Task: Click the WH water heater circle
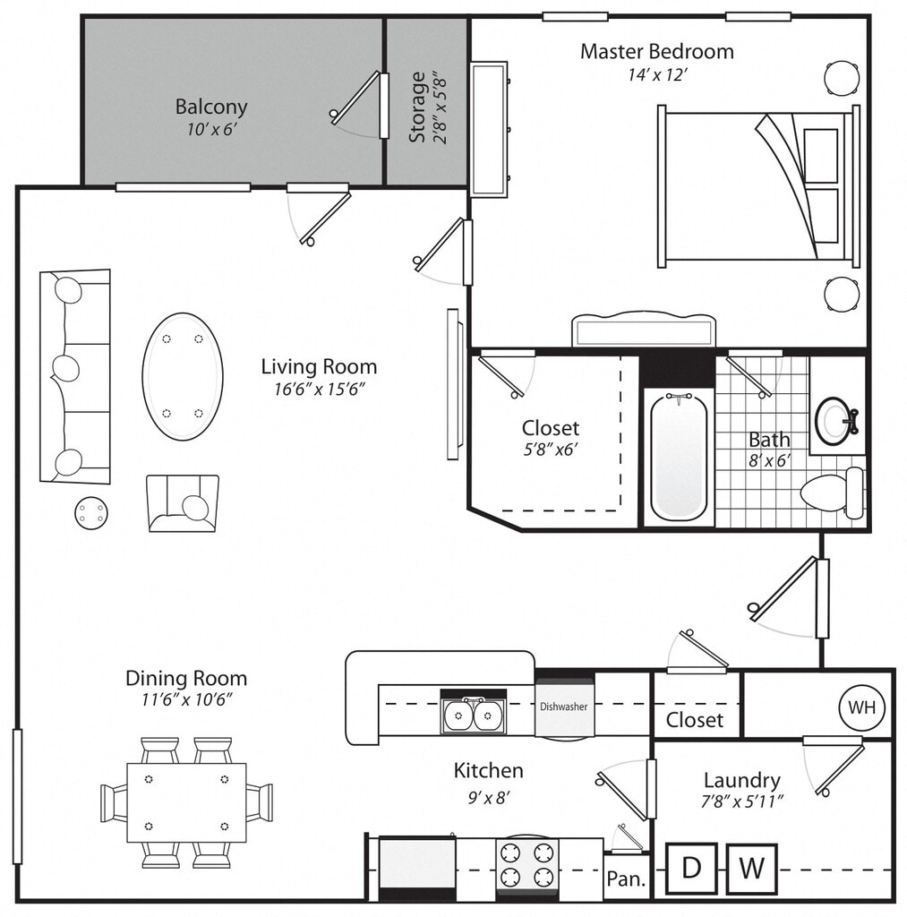pos(862,707)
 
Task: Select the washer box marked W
pos(751,868)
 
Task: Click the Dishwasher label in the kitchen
pos(563,707)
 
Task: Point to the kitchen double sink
pos(473,715)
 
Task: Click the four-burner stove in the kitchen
pos(526,864)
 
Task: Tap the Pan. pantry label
pos(626,878)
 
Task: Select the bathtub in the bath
pos(679,456)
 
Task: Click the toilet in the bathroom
pos(831,492)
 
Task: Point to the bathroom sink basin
pos(835,420)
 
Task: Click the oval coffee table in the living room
pos(182,376)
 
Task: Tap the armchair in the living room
pos(183,503)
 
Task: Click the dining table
pos(186,802)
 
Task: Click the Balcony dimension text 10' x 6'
pos(210,129)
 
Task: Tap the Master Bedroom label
pos(656,51)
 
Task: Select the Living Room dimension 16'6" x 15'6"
pos(319,389)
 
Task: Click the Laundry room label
pos(741,780)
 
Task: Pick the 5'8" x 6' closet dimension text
pos(551,450)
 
